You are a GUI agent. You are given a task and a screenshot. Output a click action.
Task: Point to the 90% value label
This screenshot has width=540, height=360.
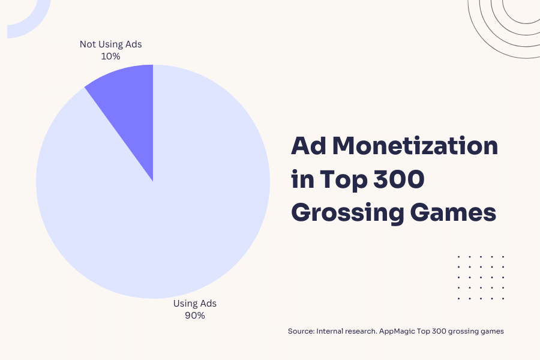pyautogui.click(x=195, y=316)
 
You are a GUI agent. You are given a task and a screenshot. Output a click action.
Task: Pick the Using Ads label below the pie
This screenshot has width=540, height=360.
pyautogui.click(x=195, y=304)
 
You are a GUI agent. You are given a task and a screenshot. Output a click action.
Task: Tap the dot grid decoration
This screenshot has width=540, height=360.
pyautogui.click(x=481, y=277)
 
